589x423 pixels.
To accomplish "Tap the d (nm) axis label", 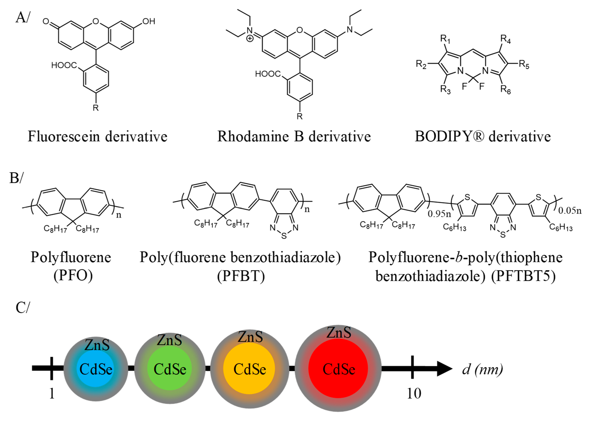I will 482,369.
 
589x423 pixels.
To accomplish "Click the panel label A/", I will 23,18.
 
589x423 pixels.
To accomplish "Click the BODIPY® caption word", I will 449,136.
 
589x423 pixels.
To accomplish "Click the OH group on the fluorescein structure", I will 149,21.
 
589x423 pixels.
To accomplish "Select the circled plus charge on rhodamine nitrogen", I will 250,39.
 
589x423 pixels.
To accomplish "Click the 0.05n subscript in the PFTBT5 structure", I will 570,210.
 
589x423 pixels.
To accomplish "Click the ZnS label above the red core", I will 339,333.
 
